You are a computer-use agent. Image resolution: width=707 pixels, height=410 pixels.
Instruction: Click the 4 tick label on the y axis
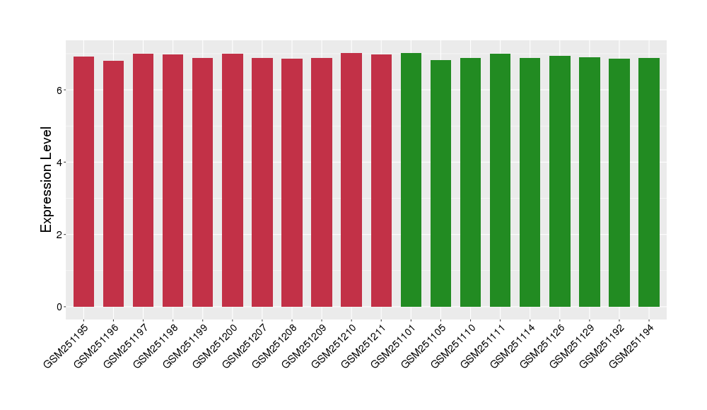tap(60, 163)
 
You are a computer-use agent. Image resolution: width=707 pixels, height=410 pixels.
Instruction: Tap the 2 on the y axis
tap(60, 235)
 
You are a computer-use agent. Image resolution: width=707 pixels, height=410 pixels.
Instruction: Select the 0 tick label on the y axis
tap(60, 307)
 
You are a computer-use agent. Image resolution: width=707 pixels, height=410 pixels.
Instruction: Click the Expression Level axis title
tap(47, 180)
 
